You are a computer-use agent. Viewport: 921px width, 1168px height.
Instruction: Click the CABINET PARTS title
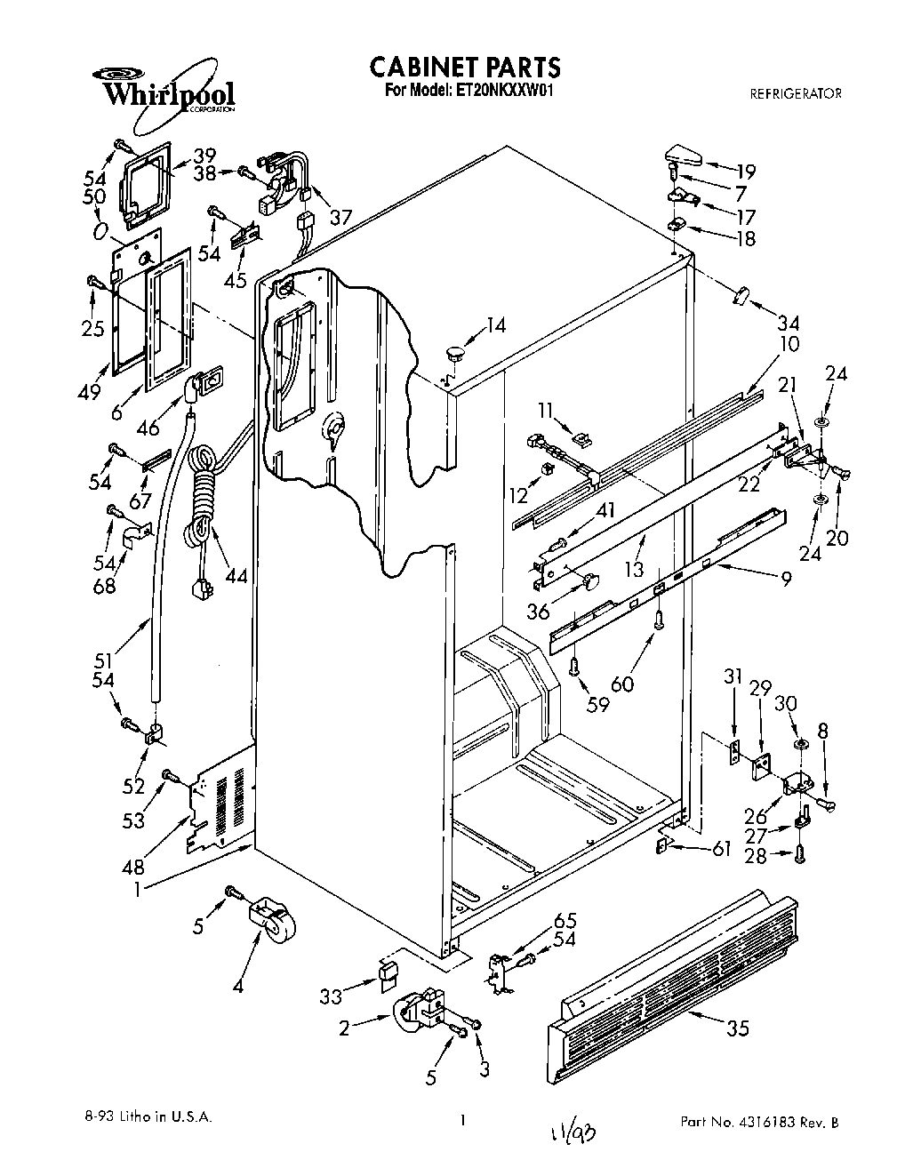click(464, 67)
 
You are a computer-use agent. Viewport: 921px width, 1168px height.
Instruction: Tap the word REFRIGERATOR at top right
click(796, 92)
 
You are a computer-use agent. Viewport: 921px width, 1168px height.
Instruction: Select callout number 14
click(494, 326)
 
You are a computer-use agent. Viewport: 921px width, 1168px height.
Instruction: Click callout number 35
click(737, 1028)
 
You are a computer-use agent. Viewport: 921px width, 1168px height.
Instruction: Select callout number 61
click(720, 850)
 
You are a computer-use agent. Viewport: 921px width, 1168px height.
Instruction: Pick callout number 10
click(789, 344)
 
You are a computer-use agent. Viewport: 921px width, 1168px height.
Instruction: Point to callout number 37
click(340, 216)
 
